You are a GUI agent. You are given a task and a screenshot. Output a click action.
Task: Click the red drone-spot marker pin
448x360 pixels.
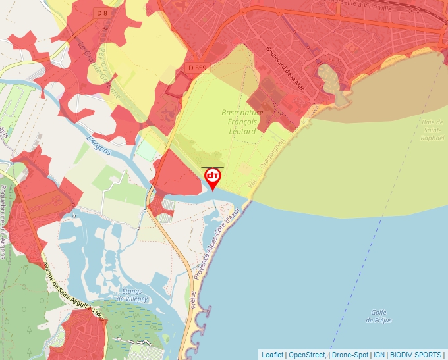pos(213,178)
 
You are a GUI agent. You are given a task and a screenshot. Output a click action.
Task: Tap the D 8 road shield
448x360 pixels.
pos(101,13)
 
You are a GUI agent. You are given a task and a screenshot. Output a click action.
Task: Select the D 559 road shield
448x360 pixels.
pos(197,67)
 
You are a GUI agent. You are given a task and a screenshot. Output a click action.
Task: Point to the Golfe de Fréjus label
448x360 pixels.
pos(378,315)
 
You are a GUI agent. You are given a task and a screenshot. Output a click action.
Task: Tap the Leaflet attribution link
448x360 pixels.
pos(273,355)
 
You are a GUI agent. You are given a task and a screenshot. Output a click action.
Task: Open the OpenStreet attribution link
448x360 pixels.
pos(308,355)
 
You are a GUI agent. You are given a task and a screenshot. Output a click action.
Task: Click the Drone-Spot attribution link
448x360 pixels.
pos(350,355)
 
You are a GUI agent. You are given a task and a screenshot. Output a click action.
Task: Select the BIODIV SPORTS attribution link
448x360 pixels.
pos(416,355)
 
